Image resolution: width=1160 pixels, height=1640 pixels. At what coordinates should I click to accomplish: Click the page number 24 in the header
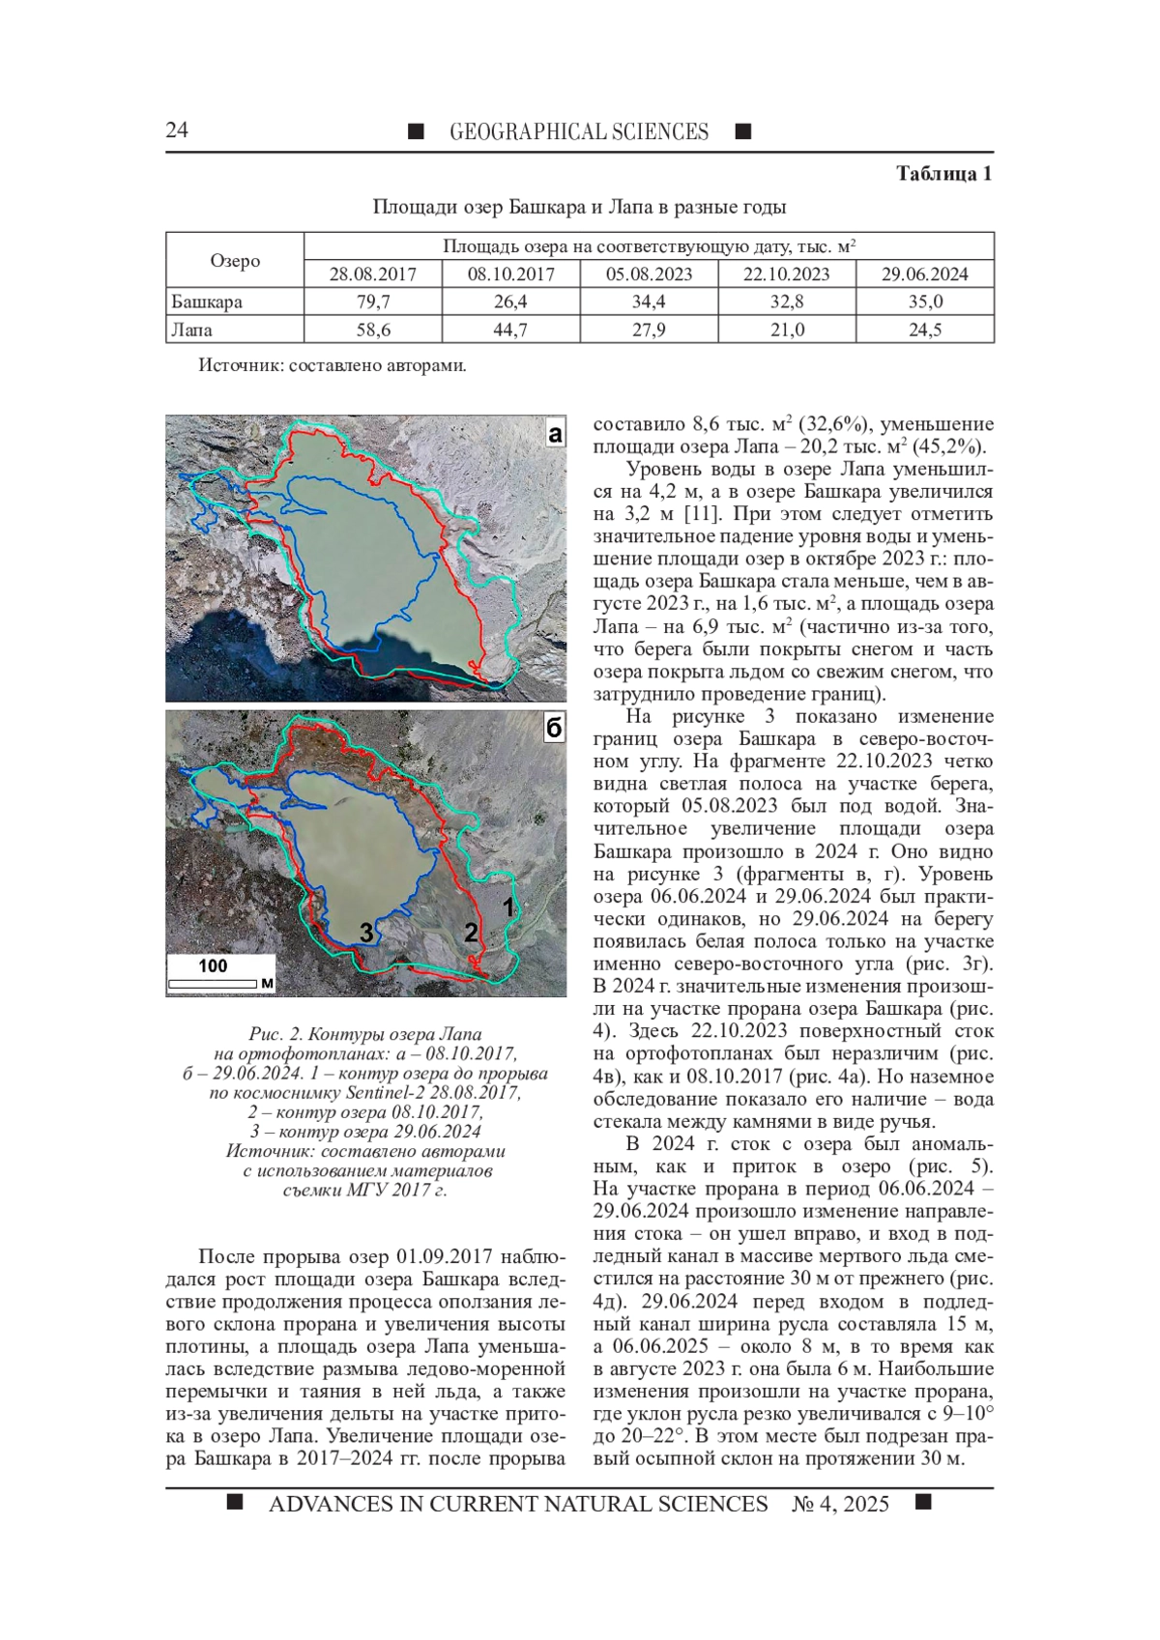[177, 130]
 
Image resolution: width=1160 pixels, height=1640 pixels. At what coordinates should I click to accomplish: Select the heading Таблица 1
[943, 174]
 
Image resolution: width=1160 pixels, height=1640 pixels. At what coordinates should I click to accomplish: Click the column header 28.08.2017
[372, 274]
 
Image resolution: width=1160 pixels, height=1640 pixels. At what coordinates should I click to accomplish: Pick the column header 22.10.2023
[786, 274]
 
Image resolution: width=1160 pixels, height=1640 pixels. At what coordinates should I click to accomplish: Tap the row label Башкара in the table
[207, 302]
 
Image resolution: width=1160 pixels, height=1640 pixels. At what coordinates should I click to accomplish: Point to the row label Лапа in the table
[192, 330]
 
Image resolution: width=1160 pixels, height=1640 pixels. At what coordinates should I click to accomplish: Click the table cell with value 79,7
[372, 302]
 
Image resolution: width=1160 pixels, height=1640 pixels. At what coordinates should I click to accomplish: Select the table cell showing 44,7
[510, 330]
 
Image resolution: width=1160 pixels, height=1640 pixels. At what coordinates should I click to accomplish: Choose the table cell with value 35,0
[924, 302]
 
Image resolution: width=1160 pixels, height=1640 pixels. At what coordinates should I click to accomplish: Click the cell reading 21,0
[786, 330]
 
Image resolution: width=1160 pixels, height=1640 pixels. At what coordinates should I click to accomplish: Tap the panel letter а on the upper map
[554, 434]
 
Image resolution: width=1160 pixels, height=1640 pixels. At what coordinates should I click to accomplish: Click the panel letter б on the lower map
[554, 728]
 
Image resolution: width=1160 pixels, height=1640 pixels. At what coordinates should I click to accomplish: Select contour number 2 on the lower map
[471, 933]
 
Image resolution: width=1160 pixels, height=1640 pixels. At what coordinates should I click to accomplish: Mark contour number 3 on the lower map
[366, 933]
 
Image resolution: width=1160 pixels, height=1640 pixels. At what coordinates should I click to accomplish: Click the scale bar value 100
[213, 965]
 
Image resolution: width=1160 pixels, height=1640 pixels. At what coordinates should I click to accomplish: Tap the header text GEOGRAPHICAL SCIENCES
[578, 132]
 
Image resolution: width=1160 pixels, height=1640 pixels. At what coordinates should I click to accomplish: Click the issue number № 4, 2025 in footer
[840, 1504]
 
